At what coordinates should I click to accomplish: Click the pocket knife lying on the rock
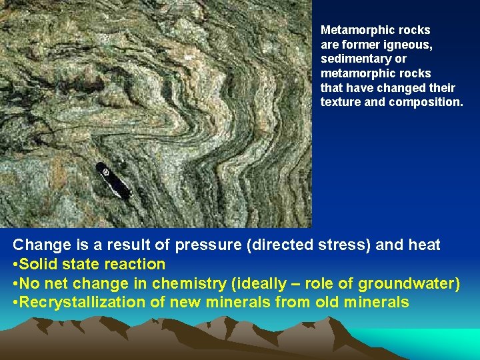point(112,180)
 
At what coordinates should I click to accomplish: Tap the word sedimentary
point(351,59)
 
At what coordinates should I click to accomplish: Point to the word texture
point(340,103)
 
